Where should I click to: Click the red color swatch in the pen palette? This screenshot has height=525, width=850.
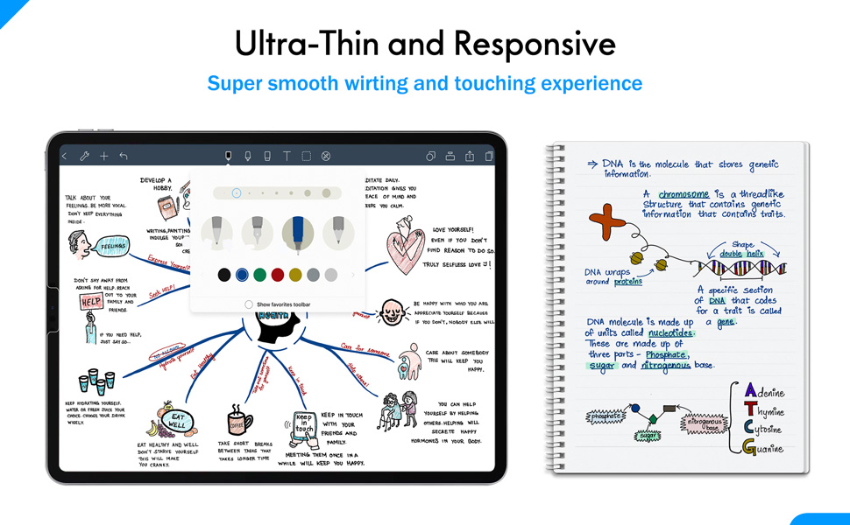(x=278, y=275)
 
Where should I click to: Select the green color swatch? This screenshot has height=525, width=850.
(x=259, y=275)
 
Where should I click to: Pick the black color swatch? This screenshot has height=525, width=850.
(x=224, y=275)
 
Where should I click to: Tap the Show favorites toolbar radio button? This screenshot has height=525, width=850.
(x=249, y=304)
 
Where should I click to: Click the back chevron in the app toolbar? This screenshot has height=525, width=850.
(x=65, y=157)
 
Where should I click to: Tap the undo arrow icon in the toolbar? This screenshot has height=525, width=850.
(x=124, y=157)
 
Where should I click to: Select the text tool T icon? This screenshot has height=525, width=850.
(x=287, y=157)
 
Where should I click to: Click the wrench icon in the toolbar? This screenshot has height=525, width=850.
(x=85, y=157)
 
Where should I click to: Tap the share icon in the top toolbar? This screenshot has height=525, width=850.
(x=470, y=157)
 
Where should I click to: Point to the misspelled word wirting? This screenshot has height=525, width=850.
(x=381, y=84)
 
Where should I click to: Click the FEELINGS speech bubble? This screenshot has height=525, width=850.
(x=111, y=247)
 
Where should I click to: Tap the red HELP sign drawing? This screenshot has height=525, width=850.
(x=91, y=302)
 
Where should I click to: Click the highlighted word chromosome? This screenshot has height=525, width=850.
(x=684, y=194)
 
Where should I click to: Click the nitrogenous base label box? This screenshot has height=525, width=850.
(x=703, y=424)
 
